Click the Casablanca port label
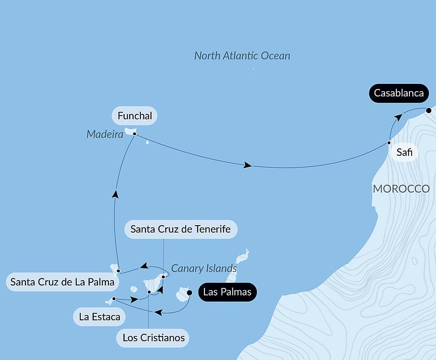pyautogui.click(x=399, y=93)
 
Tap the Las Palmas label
pyautogui.click(x=228, y=292)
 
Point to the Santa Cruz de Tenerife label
pyautogui.click(x=181, y=229)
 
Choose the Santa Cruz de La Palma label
pyautogui.click(x=62, y=282)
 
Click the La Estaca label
pyautogui.click(x=100, y=317)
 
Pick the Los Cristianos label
pyautogui.click(x=153, y=338)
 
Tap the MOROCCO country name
pyautogui.click(x=401, y=189)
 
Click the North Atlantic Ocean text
pyautogui.click(x=242, y=56)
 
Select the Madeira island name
pyautogui.click(x=105, y=134)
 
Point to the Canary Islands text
pyautogui.click(x=204, y=268)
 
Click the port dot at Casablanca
pyautogui.click(x=429, y=110)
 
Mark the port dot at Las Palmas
pyautogui.click(x=189, y=293)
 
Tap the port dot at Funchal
pyautogui.click(x=134, y=134)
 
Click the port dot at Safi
pyautogui.click(x=389, y=143)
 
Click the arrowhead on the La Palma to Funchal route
pyautogui.click(x=115, y=194)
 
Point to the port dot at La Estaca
pyautogui.click(x=114, y=299)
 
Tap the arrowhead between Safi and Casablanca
pyautogui.click(x=397, y=117)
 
